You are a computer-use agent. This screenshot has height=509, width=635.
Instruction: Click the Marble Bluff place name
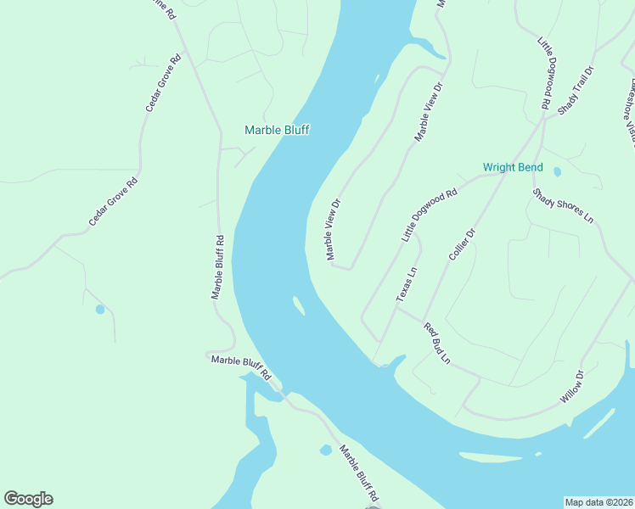coord(277,130)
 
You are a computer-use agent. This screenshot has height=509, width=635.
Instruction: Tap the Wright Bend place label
coord(513,167)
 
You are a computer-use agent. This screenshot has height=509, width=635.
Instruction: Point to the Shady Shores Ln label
coord(563,205)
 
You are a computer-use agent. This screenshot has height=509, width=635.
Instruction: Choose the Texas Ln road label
coord(407,284)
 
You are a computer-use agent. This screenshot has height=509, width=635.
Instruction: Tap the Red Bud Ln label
coord(436,344)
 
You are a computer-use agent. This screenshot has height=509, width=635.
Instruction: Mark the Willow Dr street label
coord(573,386)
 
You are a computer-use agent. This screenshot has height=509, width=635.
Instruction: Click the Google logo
coord(28,499)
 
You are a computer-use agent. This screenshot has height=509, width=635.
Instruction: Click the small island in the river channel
coord(299,305)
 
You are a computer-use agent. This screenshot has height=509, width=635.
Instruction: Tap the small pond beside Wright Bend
coord(557,171)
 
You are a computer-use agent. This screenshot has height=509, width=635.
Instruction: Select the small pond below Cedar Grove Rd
coord(100,310)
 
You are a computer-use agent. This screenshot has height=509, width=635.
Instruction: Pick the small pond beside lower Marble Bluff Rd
coord(325,450)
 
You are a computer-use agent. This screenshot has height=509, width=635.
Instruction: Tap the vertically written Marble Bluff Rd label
coord(217,266)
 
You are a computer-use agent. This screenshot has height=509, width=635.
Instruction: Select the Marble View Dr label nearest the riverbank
coord(332,229)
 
